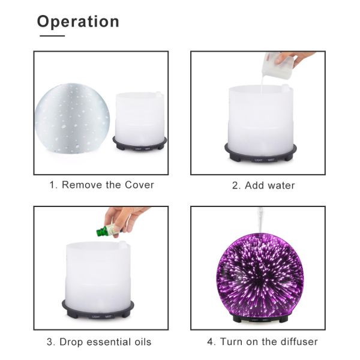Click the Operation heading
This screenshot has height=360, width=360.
[x=78, y=22]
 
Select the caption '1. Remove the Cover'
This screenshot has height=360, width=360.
[x=101, y=185]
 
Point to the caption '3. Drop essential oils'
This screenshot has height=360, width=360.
[x=99, y=342]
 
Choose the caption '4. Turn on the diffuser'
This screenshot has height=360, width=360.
[x=262, y=342]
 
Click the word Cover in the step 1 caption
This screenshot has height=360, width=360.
[x=140, y=185]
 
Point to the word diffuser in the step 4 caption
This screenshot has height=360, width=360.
[x=296, y=342]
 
